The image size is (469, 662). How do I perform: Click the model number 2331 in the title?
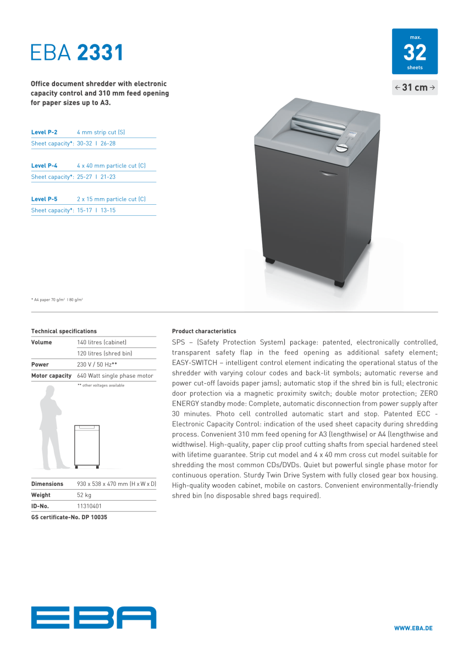coord(100,52)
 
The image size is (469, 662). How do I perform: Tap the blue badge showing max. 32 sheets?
coord(415,52)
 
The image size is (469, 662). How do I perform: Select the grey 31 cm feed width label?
coord(415,87)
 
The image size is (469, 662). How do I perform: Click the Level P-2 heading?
coord(45,132)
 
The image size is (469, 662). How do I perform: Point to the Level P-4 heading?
coord(45,166)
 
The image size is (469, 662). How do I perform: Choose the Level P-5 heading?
coord(45,199)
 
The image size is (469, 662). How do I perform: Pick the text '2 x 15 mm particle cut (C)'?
coord(111,199)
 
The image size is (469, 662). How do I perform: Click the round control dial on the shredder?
coord(342,148)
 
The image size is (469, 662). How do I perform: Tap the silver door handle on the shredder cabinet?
coord(328,174)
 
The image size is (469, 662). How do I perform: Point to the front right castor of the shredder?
coord(339,283)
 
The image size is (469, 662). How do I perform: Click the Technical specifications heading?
coord(64,331)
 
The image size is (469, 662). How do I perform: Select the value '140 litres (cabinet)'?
coord(102,342)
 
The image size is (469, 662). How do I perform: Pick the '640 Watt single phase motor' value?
coord(115,375)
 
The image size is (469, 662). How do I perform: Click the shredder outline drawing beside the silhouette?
coord(87,446)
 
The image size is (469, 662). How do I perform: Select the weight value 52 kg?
coord(84,495)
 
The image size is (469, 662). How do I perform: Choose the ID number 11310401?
coord(89,506)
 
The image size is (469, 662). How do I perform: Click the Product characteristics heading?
coord(204,331)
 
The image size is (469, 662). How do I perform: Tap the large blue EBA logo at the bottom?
coord(93,618)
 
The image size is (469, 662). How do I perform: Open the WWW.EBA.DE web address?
coord(413,628)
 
